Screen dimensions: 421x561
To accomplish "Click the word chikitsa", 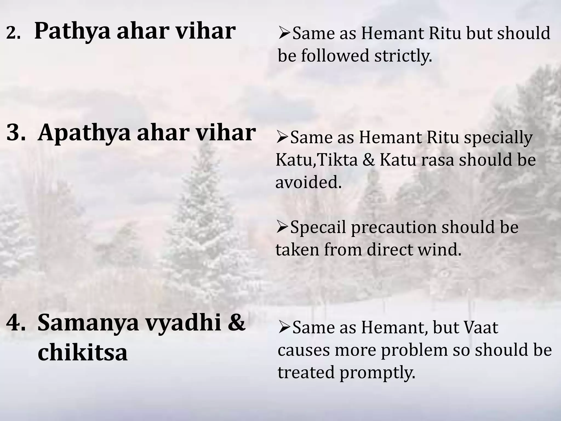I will [82, 353].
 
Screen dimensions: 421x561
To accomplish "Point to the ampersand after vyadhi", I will [236, 323].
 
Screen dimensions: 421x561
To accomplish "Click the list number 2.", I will [13, 34].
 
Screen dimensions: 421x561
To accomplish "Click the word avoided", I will [308, 182].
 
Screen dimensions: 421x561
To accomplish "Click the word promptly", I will [377, 373].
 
